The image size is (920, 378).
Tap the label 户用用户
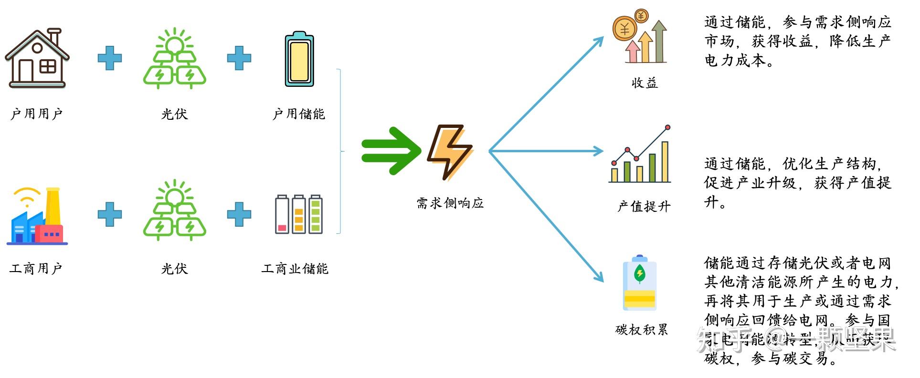pyautogui.click(x=37, y=114)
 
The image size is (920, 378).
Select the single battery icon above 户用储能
pyautogui.click(x=299, y=60)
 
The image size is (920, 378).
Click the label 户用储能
pyautogui.click(x=299, y=114)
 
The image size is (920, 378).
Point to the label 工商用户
pyautogui.click(x=36, y=269)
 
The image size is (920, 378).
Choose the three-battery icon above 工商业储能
pyautogui.click(x=299, y=214)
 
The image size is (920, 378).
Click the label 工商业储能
pyautogui.click(x=295, y=269)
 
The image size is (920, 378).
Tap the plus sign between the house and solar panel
pyautogui.click(x=110, y=58)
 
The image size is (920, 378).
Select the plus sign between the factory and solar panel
pyautogui.click(x=110, y=214)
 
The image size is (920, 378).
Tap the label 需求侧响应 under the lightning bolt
pyautogui.click(x=450, y=203)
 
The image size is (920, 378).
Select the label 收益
pyautogui.click(x=645, y=83)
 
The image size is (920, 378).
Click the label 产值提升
pyautogui.click(x=644, y=207)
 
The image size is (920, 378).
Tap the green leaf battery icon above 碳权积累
pyautogui.click(x=640, y=283)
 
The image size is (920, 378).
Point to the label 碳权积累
pyautogui.click(x=642, y=330)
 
